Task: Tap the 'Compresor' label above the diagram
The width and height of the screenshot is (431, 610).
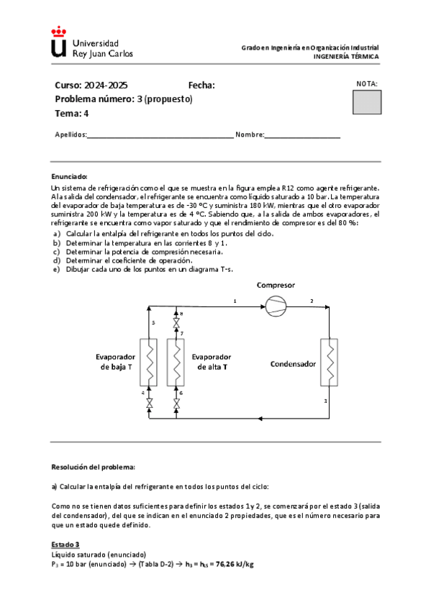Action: point(276,286)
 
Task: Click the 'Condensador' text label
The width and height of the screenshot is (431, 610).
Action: point(293,364)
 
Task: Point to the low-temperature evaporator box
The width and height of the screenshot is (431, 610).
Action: point(148,363)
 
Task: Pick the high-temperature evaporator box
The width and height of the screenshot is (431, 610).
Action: point(176,363)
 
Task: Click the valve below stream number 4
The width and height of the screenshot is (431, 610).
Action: point(148,406)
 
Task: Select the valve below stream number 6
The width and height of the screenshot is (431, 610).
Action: point(176,406)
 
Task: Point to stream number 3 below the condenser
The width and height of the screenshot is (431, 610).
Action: point(326,401)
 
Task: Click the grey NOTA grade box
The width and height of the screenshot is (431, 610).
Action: point(367,102)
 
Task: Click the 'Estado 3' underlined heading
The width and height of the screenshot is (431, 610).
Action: point(65,545)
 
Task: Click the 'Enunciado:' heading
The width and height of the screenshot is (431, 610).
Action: point(69,176)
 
